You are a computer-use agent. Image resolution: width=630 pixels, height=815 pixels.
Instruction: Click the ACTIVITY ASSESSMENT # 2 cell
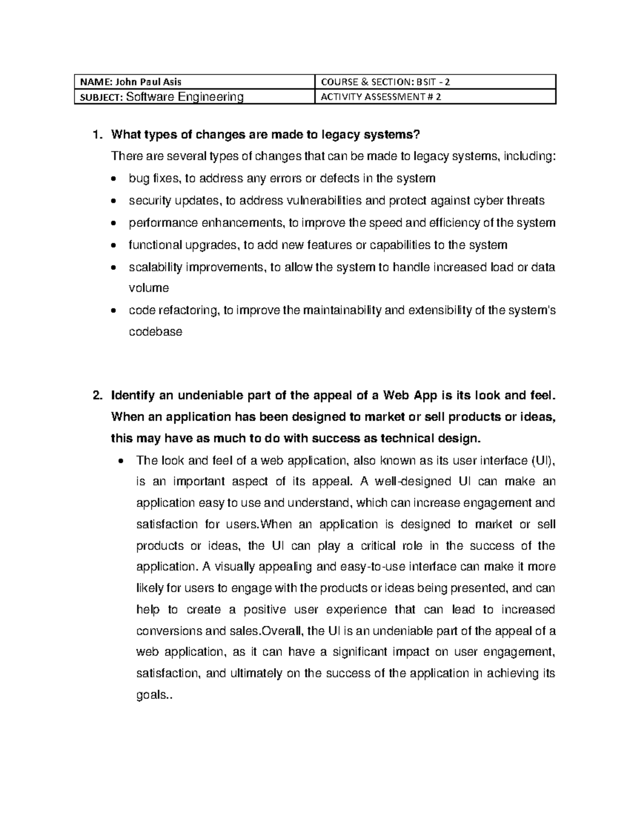click(381, 97)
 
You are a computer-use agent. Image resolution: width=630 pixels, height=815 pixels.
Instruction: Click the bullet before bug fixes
click(115, 179)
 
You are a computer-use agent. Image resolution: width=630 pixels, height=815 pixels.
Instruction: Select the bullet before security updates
click(115, 201)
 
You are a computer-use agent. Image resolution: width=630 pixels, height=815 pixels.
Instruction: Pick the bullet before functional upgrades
click(115, 246)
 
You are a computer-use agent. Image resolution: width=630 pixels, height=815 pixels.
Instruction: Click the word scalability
click(155, 267)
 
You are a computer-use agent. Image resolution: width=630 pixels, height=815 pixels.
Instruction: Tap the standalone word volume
click(149, 288)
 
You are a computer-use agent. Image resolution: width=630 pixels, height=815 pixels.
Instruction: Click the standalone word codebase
click(155, 332)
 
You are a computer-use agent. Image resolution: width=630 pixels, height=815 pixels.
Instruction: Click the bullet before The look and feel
click(122, 461)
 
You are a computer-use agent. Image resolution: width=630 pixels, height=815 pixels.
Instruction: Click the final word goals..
click(152, 696)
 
